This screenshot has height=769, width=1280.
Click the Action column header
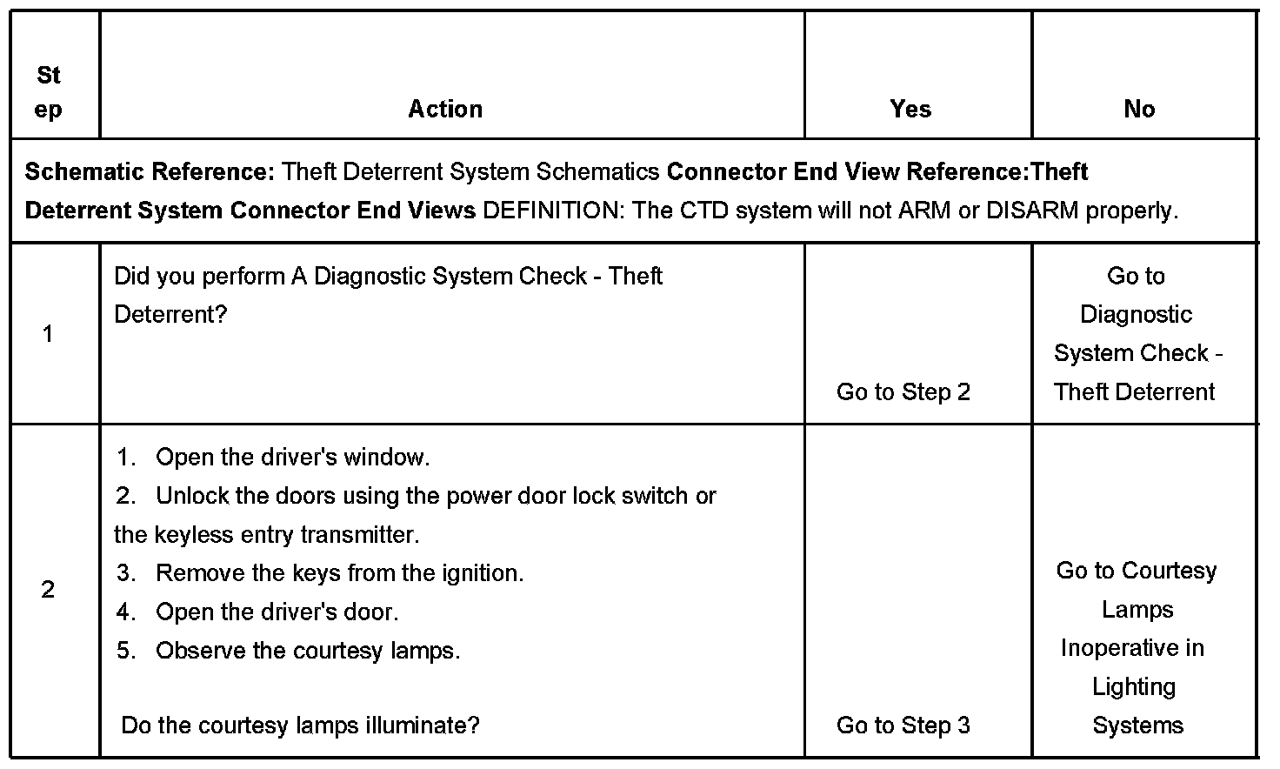[x=445, y=110]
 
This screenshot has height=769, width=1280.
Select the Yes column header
[x=910, y=110]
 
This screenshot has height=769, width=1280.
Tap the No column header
[x=1139, y=110]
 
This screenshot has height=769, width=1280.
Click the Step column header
[x=49, y=92]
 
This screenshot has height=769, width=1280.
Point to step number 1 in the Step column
[x=48, y=334]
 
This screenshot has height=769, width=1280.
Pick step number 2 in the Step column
[x=48, y=590]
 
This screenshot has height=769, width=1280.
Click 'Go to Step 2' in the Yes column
[x=903, y=392]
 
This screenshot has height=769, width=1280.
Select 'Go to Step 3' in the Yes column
[x=903, y=726]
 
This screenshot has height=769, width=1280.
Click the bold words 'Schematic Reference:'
[x=150, y=172]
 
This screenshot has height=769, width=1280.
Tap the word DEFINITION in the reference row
[x=549, y=211]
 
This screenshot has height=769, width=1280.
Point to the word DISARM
[x=1032, y=211]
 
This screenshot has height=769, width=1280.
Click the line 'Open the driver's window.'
[x=292, y=458]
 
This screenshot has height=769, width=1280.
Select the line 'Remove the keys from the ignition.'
[x=339, y=573]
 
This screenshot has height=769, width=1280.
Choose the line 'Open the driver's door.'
[x=277, y=612]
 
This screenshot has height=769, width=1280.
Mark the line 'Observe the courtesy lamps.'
[x=308, y=651]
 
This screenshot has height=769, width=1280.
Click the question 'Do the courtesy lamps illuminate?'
[x=300, y=726]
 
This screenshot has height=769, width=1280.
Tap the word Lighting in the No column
[x=1134, y=687]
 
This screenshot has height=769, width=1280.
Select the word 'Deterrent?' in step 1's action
[x=170, y=315]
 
